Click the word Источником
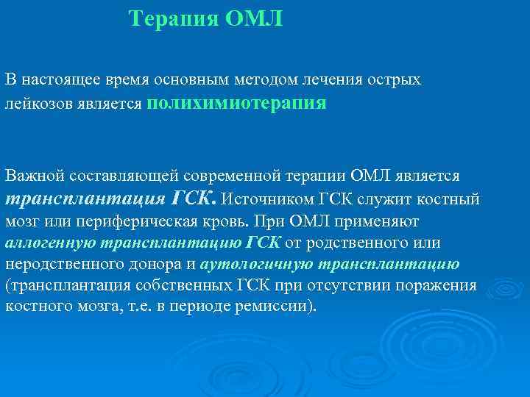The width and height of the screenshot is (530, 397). pos(268,199)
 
